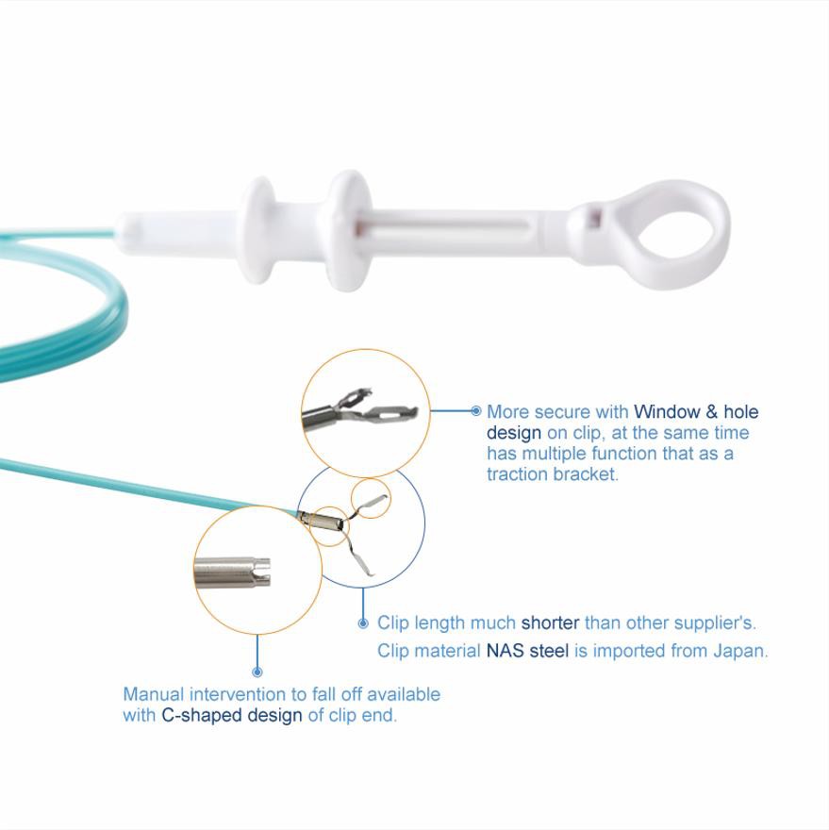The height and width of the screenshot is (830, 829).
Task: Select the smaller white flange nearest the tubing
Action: tap(257, 230)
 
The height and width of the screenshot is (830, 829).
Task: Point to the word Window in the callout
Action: tap(667, 412)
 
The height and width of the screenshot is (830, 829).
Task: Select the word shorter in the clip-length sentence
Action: tap(550, 623)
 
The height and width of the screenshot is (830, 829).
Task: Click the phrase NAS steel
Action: tap(527, 651)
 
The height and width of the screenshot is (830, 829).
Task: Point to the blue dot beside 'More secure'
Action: tap(476, 411)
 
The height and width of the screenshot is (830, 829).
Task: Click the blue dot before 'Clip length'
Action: tap(363, 623)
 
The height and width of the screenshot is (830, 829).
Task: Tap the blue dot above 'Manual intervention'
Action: tap(257, 672)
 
